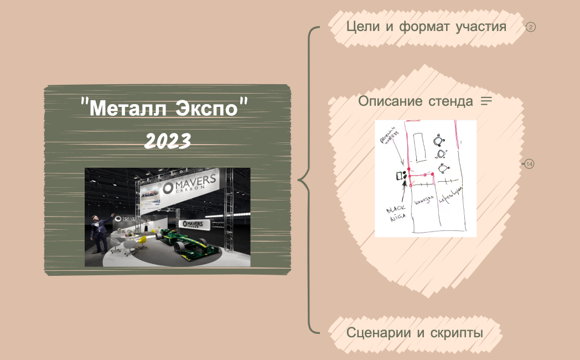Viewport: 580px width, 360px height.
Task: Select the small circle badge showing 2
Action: pos(531,27)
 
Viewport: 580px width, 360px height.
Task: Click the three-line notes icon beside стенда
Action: pos(486,101)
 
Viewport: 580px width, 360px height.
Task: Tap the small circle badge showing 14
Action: pos(529,164)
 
